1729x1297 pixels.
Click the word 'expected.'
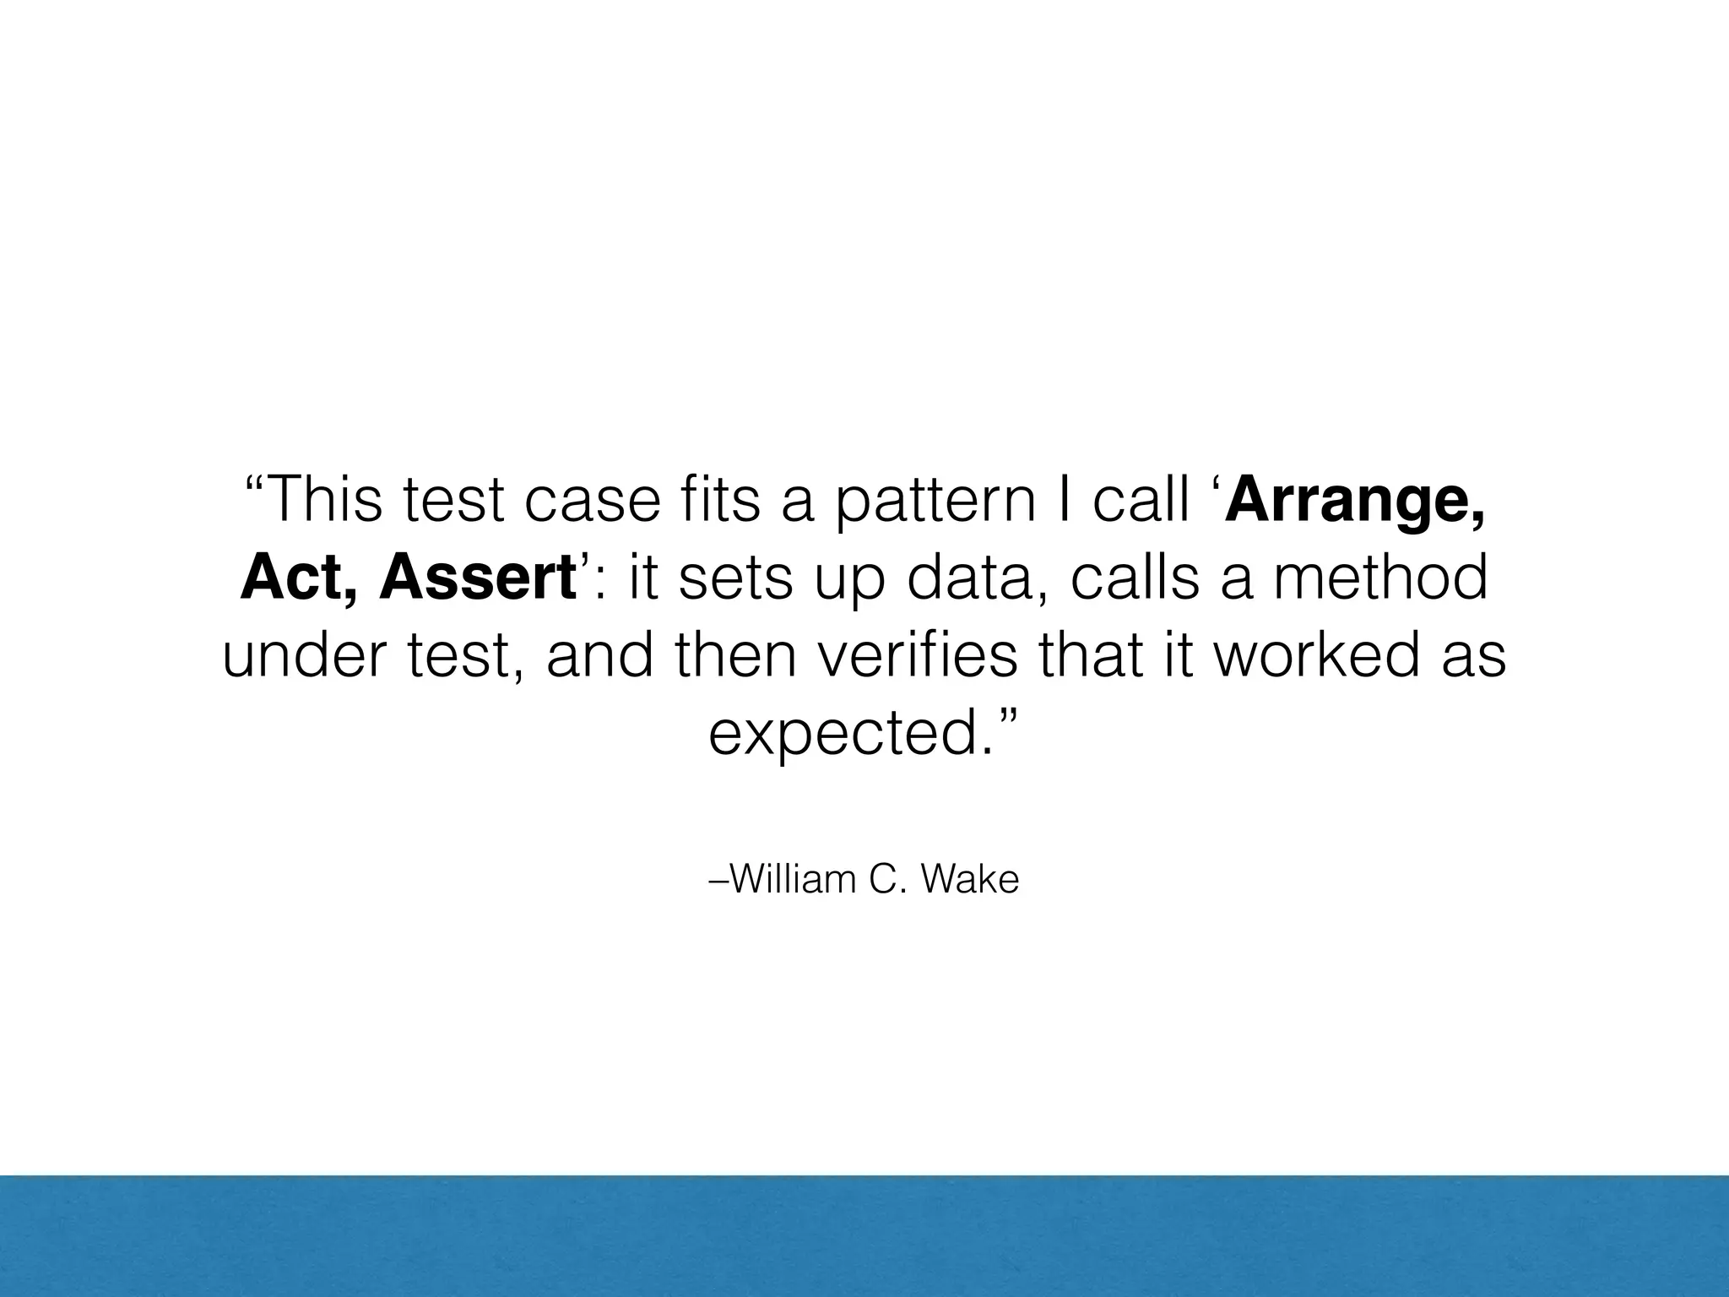tap(853, 733)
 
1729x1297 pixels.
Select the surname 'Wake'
tap(970, 879)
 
